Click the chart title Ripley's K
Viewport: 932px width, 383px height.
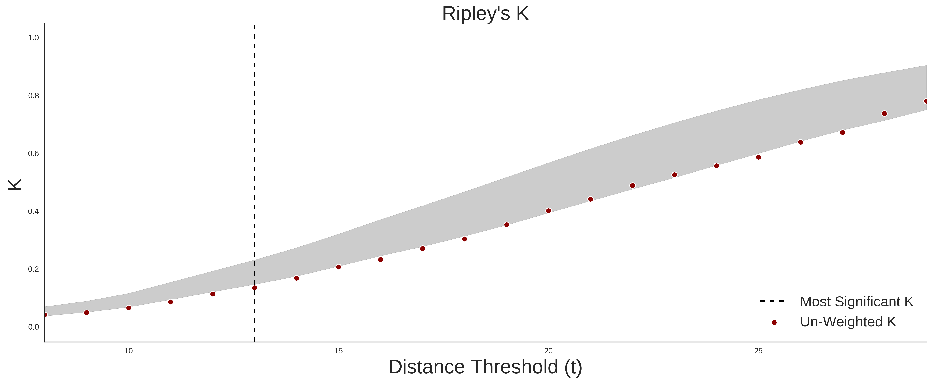(485, 14)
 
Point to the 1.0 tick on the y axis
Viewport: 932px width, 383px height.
(33, 38)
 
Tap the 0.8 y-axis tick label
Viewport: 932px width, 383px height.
(33, 96)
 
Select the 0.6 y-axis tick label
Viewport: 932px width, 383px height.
(33, 154)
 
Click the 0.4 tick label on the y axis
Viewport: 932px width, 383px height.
(33, 211)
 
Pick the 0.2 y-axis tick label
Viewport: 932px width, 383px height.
(33, 269)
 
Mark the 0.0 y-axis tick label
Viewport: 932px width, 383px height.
(33, 327)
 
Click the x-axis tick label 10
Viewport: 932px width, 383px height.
(128, 351)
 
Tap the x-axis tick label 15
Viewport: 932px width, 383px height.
(338, 351)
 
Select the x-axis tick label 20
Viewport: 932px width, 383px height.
(549, 351)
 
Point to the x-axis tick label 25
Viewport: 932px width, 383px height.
(758, 351)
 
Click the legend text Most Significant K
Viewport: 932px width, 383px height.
(856, 302)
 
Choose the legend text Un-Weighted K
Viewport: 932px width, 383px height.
(848, 322)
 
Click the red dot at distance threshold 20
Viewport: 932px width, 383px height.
(549, 211)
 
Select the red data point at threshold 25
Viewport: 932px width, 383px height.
(758, 157)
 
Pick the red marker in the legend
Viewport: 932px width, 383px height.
(774, 323)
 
